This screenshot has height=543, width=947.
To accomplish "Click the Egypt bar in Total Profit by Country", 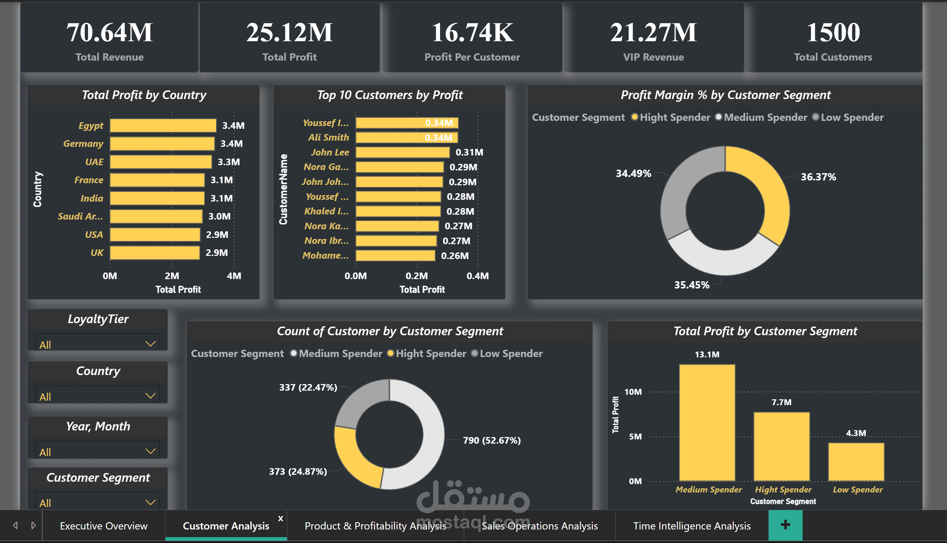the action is tap(163, 126).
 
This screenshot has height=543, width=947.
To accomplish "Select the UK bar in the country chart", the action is tap(155, 253).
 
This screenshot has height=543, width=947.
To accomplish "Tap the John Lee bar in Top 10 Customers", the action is tap(403, 152).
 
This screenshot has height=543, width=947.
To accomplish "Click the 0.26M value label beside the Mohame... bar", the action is tap(455, 256).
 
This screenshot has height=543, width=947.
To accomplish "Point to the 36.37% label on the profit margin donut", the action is tap(819, 177).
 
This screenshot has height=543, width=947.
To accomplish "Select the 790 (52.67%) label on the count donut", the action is tap(492, 440).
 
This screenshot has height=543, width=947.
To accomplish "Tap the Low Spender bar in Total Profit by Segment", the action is tap(856, 462).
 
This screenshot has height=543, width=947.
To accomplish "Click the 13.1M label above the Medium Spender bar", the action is tap(707, 354).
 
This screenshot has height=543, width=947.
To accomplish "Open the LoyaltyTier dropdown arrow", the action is tap(150, 344).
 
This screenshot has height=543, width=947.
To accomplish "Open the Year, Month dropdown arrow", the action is tap(150, 451).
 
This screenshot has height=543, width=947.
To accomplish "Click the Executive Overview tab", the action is tap(104, 526).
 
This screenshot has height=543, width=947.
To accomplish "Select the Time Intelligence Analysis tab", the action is tap(692, 526).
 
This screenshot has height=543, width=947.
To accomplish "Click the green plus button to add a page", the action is tap(785, 525).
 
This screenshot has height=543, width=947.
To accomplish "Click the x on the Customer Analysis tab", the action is tap(281, 518).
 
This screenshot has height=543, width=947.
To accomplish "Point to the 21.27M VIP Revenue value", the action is tap(653, 33).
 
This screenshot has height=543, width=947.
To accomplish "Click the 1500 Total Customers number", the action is tap(833, 33).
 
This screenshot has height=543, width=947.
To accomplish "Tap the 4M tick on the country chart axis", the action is tap(234, 276).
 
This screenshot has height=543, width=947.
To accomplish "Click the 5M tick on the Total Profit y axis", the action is tap(635, 437).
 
